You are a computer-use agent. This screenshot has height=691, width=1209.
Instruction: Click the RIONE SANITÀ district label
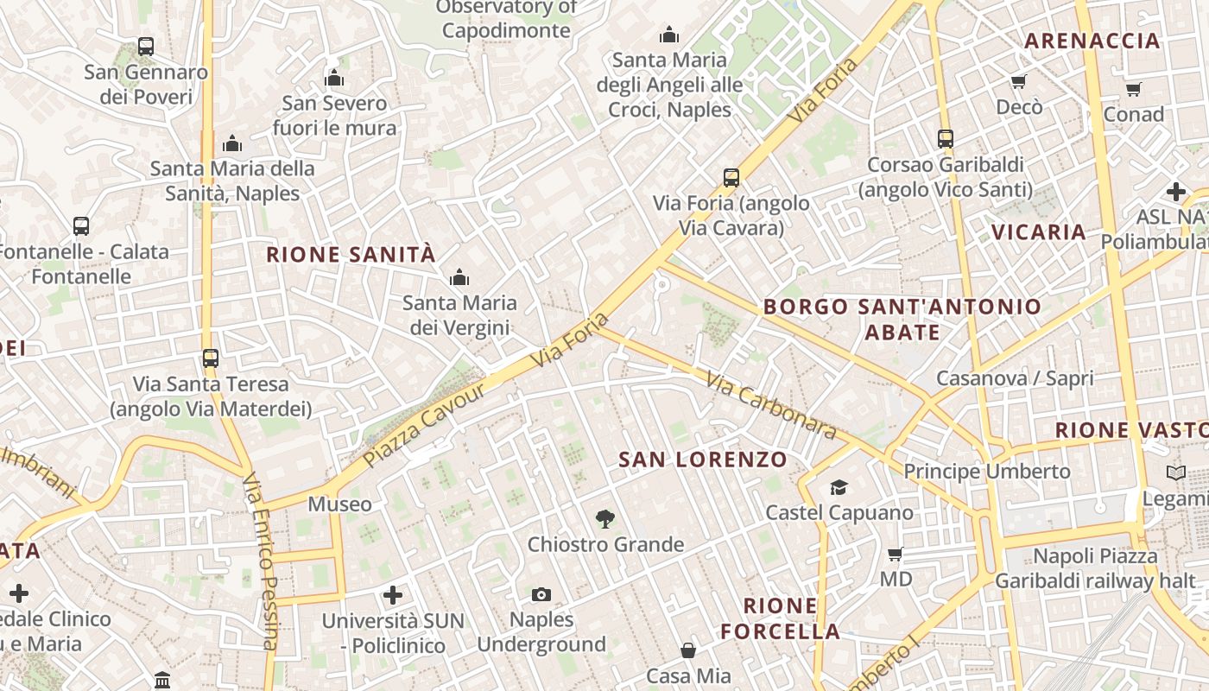coord(351,255)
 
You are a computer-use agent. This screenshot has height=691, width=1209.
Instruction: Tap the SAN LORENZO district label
coord(703,460)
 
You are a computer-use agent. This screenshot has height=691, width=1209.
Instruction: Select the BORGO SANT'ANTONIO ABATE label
coord(902,319)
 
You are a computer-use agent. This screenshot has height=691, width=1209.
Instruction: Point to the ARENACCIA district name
coord(1092,41)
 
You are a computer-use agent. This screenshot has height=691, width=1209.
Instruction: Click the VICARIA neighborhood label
coord(1038,231)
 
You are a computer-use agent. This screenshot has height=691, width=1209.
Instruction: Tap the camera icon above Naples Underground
coord(541,594)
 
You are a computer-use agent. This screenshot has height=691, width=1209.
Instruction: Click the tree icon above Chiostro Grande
coord(605,519)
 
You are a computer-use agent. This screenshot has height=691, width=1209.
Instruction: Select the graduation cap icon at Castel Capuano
coord(839,488)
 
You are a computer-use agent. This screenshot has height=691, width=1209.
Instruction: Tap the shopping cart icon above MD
coord(896,554)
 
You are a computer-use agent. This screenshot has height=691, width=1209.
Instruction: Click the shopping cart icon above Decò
coord(1019,82)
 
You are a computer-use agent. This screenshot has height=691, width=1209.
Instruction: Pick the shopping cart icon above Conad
coord(1134,89)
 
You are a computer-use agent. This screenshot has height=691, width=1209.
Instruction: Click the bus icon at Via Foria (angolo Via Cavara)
coord(731,178)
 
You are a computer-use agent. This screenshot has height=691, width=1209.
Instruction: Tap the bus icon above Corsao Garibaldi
coord(946,139)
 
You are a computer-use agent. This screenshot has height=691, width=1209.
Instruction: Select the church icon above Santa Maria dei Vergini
coord(459,277)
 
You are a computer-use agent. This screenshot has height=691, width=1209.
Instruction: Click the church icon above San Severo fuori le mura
coord(334,79)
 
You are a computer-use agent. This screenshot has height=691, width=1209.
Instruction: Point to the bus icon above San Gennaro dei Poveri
coord(146,47)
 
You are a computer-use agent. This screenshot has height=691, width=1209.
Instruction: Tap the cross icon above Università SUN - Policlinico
coord(393,595)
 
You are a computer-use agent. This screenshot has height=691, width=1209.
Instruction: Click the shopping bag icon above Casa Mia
coord(688,650)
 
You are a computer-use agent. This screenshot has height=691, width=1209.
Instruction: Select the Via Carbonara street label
coord(769,404)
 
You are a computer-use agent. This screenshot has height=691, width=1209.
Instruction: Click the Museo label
coord(339,504)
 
